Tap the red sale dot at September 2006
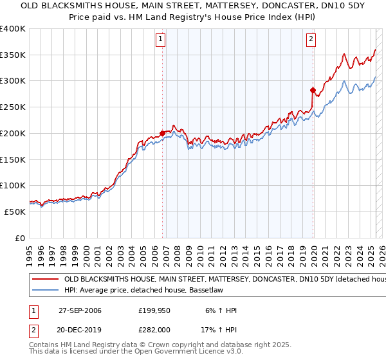[x=162, y=133]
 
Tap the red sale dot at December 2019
[x=313, y=90]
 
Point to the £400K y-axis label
[x=13, y=29]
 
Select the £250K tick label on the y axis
[x=13, y=107]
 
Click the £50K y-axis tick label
[x=15, y=212]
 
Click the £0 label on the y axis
[x=19, y=238]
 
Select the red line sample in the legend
[x=44, y=280]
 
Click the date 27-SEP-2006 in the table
[x=80, y=310]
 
